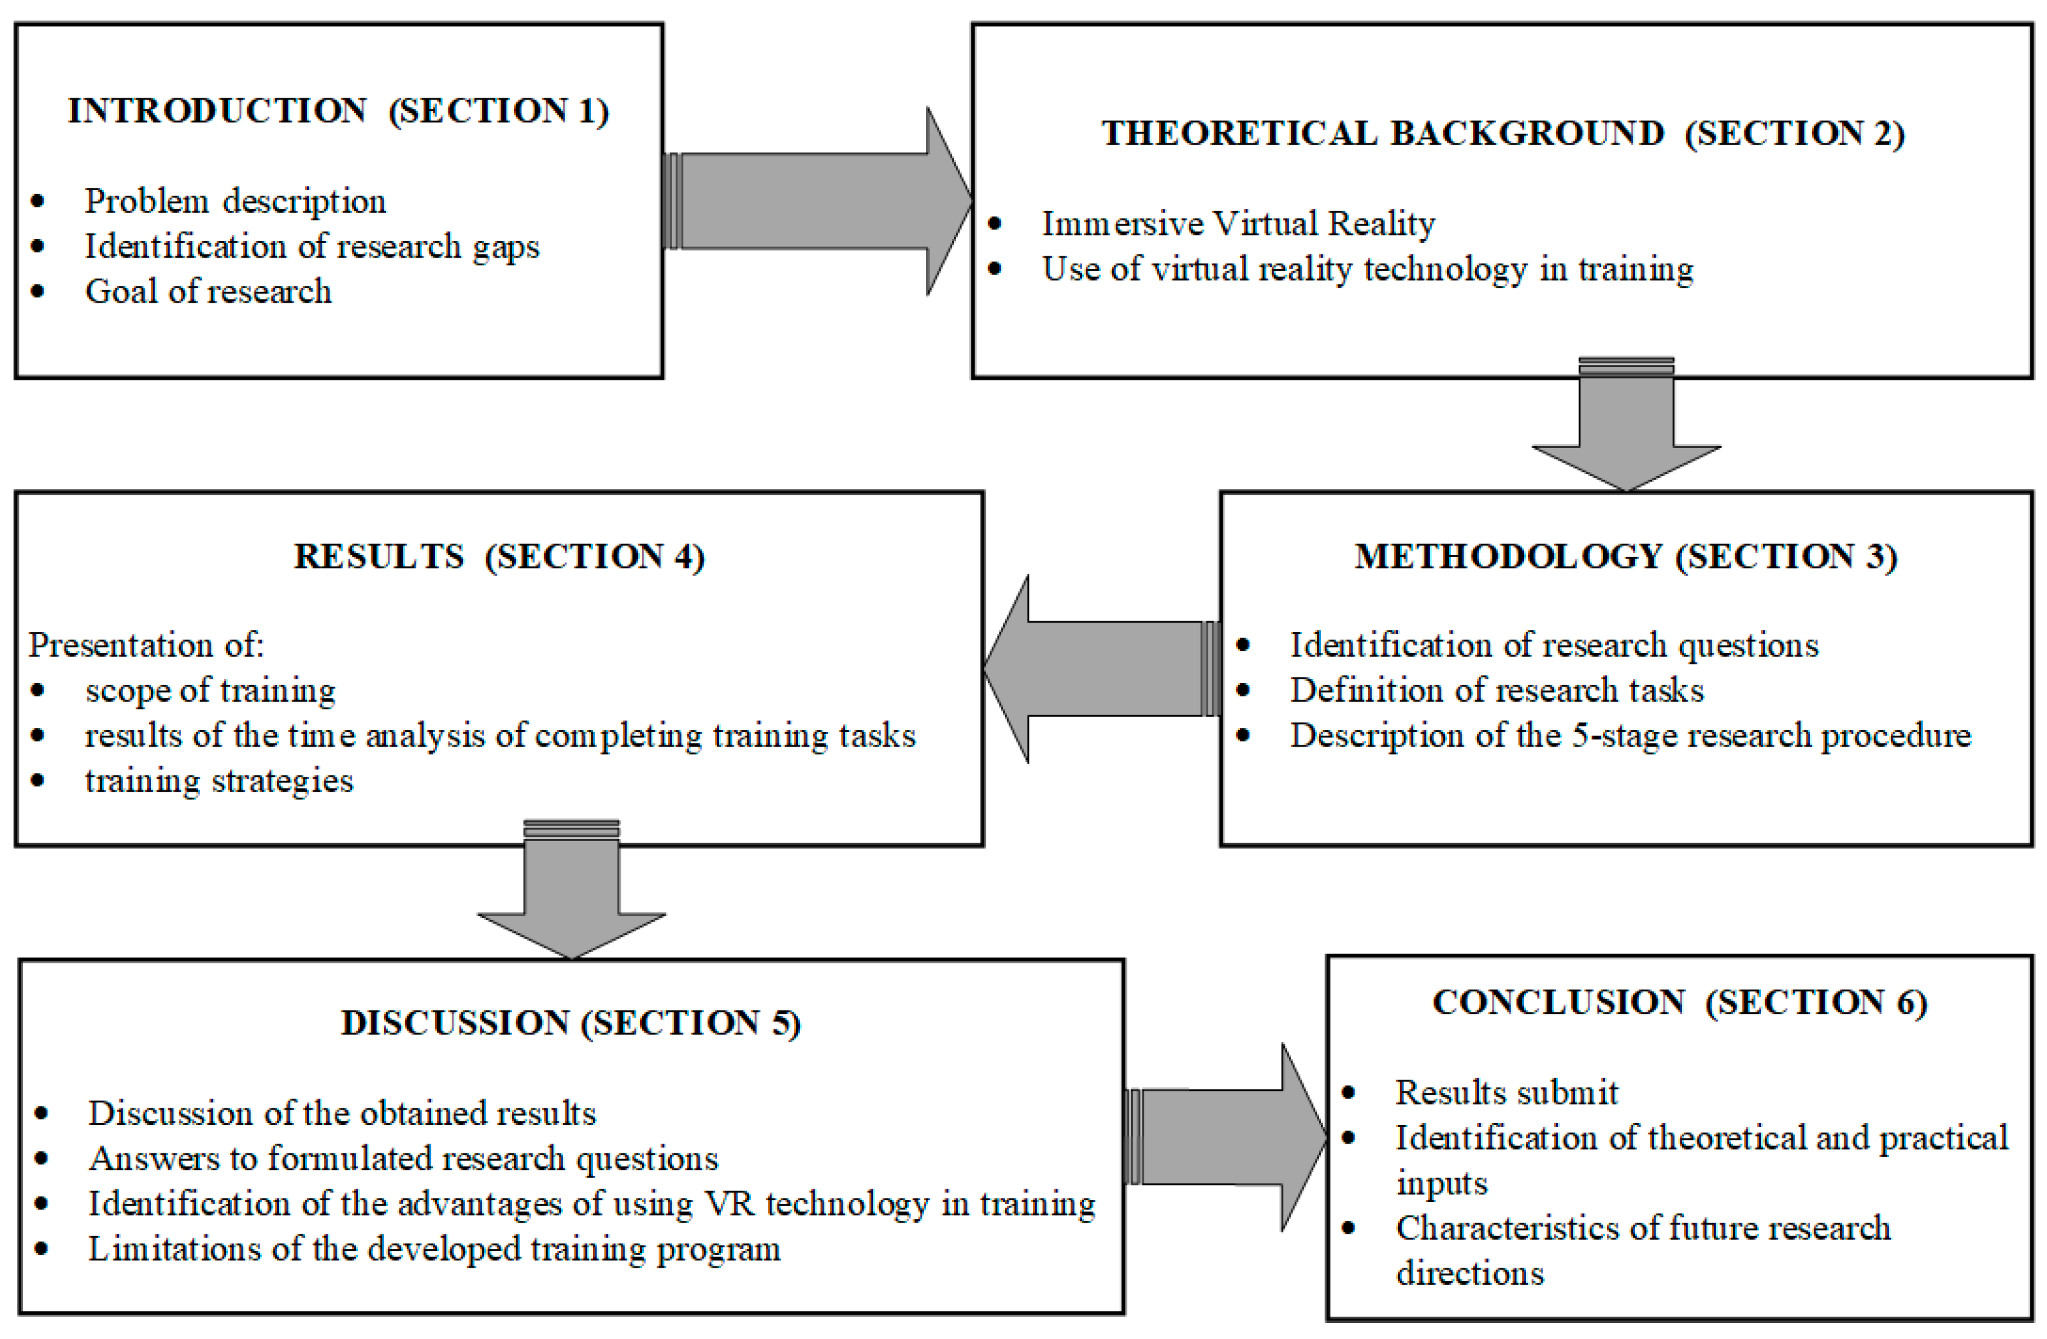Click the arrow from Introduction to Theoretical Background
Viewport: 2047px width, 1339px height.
817,201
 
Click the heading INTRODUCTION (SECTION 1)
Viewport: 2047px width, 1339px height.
338,111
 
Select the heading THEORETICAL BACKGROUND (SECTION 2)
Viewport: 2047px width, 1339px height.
1503,133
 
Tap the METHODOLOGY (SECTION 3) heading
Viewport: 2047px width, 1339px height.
1625,556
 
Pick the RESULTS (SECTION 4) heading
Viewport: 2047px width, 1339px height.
499,556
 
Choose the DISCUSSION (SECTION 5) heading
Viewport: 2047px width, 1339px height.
571,1022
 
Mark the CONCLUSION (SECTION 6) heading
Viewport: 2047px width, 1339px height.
1678,1002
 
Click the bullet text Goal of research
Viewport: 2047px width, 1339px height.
208,292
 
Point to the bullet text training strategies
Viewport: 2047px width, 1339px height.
218,781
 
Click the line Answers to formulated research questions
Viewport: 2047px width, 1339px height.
402,1158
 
